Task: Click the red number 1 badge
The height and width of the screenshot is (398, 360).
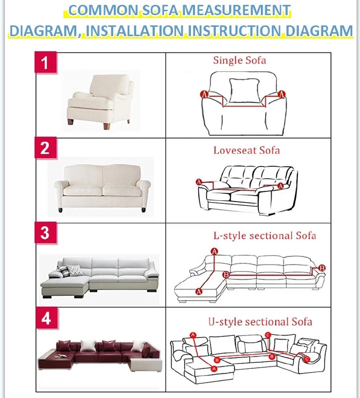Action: click(x=45, y=63)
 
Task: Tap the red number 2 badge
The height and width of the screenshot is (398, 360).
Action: click(x=45, y=147)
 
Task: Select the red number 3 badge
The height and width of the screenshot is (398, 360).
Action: click(x=45, y=232)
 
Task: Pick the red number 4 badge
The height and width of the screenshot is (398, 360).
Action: click(x=45, y=318)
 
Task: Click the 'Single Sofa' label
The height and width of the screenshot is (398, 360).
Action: click(x=239, y=61)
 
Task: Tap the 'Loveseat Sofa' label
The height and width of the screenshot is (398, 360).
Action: click(x=247, y=150)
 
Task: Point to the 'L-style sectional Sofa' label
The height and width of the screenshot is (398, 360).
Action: click(x=265, y=235)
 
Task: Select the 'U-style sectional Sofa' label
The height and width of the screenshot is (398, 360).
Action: click(x=260, y=322)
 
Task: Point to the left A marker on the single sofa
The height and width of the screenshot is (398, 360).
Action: click(x=204, y=94)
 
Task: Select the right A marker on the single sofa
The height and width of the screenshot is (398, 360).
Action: click(x=281, y=94)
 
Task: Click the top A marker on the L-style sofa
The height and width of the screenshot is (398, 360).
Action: click(x=214, y=251)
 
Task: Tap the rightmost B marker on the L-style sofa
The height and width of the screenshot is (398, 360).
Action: click(x=321, y=268)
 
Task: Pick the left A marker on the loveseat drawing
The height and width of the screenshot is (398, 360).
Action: click(x=199, y=182)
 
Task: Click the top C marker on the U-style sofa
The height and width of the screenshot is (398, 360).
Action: click(x=268, y=335)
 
